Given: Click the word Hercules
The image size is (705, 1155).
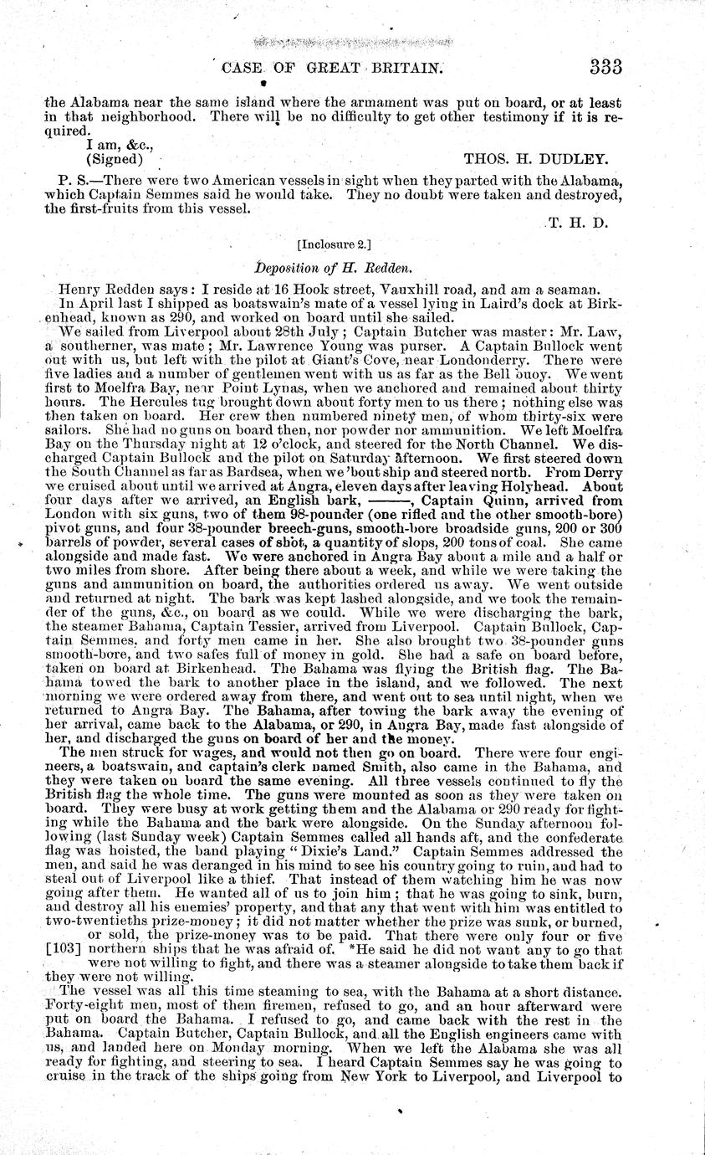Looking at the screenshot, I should [110, 402].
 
